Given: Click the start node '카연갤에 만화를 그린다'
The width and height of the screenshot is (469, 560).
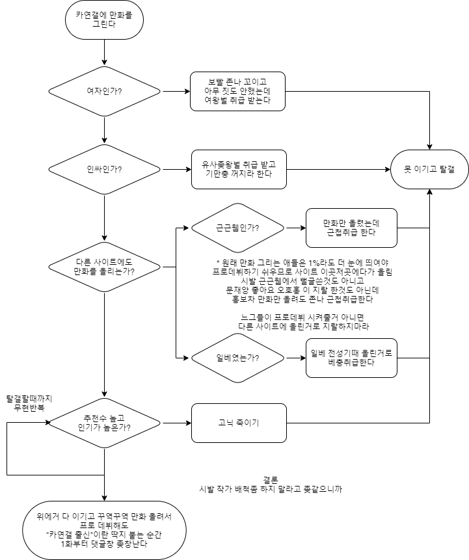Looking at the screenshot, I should tap(104, 20).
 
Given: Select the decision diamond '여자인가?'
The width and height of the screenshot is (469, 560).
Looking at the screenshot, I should tap(104, 91).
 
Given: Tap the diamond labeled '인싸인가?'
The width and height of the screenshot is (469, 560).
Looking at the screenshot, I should tap(104, 169).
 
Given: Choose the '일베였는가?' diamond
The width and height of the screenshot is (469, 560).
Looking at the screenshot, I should tap(237, 358).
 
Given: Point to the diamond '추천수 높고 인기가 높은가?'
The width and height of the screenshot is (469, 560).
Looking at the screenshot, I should tap(104, 423).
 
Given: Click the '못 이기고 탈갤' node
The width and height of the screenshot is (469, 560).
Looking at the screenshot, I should tap(429, 169).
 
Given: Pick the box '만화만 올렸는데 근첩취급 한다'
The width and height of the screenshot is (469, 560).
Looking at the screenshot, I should tap(351, 228).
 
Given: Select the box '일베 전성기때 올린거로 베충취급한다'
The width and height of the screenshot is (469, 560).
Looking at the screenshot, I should tap(351, 358).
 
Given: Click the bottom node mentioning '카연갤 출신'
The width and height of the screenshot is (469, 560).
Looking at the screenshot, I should tap(104, 530).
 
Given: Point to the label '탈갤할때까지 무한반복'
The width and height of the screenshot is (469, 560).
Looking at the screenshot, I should tap(30, 402).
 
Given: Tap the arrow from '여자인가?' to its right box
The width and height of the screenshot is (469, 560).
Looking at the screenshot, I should tap(174, 91).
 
